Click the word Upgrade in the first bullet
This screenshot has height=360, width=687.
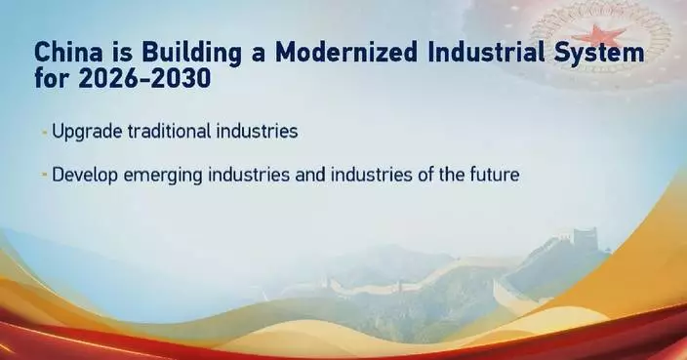click(82, 131)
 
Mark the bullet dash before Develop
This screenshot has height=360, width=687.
click(45, 177)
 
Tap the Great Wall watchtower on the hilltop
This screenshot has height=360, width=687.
click(584, 237)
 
